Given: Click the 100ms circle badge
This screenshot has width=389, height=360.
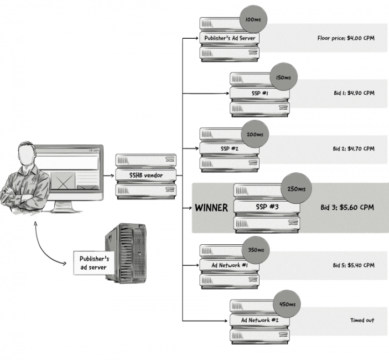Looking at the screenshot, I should coord(252,20).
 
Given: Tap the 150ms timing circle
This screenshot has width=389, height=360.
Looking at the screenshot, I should coord(283,78).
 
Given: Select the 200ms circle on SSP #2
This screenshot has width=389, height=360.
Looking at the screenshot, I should coord(255,135).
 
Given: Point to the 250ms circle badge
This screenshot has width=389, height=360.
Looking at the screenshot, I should coord(295,189).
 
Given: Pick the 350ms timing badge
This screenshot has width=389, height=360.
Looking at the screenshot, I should coord(255,249).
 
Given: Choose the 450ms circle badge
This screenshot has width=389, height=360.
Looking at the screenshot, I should coord(288,305).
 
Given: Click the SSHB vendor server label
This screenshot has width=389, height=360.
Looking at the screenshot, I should coord(147,176).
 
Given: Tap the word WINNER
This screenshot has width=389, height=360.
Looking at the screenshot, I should coord(211,208).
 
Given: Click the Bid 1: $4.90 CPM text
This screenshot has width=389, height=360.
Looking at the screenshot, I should coord(354,93).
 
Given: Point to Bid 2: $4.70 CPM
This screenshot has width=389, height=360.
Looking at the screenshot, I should coord(354,149).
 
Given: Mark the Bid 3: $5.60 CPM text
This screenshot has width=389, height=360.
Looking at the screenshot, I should coord(347,208).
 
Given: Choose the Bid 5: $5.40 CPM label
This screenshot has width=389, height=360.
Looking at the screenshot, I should coord(354,265).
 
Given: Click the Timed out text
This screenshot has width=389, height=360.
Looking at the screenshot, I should coord(362,320).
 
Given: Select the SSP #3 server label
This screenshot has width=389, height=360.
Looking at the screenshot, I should coord(266,207).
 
